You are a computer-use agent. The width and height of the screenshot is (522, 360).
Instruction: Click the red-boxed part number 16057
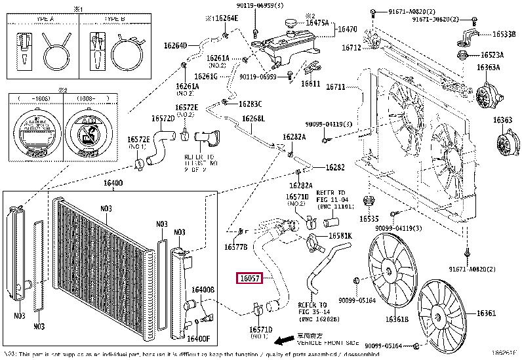pos(250,279)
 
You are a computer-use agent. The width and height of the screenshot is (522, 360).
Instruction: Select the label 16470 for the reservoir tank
pos(346,30)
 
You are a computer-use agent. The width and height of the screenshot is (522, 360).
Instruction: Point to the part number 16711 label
pos(335,87)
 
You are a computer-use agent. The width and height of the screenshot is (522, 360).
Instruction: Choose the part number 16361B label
pos(397,319)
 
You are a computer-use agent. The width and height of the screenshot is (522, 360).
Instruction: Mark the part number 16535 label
pos(369,218)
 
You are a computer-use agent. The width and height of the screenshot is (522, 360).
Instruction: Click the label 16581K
pos(340,235)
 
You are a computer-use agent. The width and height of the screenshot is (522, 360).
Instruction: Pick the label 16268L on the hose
pos(253,119)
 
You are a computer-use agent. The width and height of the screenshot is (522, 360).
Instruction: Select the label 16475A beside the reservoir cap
pos(317,22)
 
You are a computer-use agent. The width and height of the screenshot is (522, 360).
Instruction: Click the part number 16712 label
pos(351,48)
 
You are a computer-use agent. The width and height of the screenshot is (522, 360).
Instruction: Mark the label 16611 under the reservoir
pos(310,84)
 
